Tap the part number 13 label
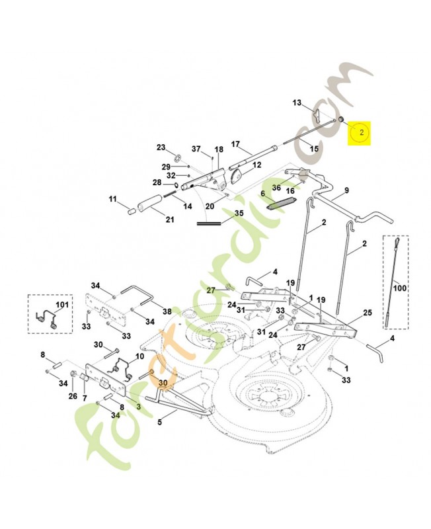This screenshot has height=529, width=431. (x=297, y=103)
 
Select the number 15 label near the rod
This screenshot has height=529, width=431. (x=314, y=149)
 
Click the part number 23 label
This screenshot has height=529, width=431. (x=161, y=147)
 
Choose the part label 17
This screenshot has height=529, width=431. (x=236, y=143)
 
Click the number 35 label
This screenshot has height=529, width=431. (x=239, y=213)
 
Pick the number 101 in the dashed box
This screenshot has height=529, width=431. (x=61, y=305)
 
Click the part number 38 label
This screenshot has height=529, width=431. (x=167, y=311)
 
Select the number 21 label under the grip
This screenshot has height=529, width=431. (x=170, y=220)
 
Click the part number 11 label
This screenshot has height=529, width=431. (x=112, y=199)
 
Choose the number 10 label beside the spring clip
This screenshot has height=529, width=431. (x=139, y=356)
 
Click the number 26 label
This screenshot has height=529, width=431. (x=73, y=396)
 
